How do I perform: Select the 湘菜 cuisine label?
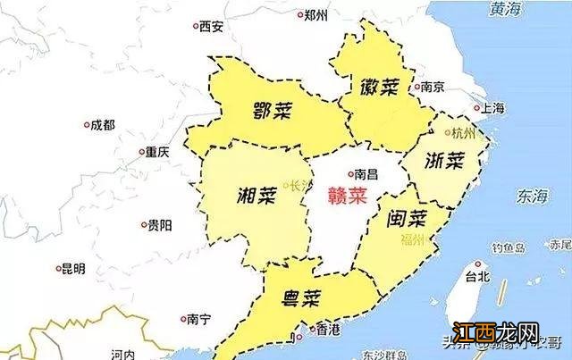[257, 193]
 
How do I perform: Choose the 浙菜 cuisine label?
[444, 161]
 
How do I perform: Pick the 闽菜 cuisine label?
[407, 217]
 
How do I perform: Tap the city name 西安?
[211, 26]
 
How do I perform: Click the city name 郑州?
[315, 14]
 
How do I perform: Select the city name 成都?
[103, 125]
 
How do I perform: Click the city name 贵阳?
[160, 225]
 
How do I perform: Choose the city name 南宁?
[199, 318]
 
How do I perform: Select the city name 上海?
[492, 108]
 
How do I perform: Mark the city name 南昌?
[366, 173]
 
